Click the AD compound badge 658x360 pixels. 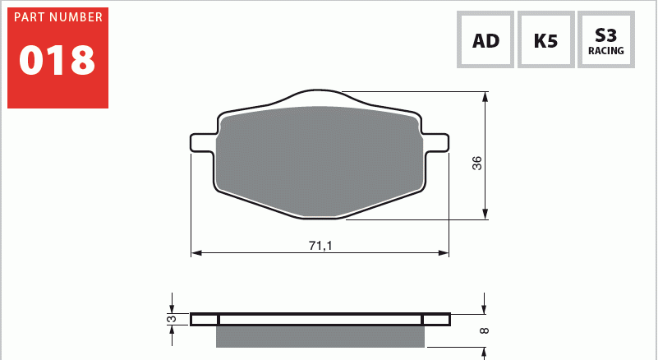(x=485, y=39)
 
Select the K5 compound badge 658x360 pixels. (x=546, y=39)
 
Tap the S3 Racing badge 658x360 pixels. (x=606, y=39)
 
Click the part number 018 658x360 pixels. (x=57, y=61)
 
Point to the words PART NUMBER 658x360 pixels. (x=58, y=17)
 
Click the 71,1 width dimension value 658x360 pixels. (x=320, y=246)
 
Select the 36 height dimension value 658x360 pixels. (x=477, y=163)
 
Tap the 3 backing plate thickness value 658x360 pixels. (x=172, y=319)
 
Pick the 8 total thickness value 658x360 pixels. (x=484, y=330)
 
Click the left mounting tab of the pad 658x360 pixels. (x=204, y=143)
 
